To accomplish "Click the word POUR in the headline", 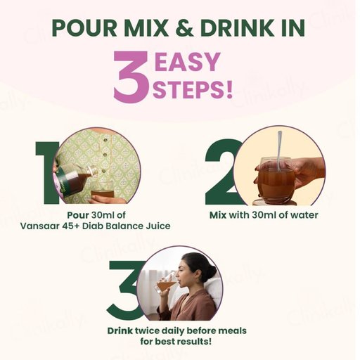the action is pyautogui.click(x=84, y=27).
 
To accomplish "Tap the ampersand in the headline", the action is pyautogui.click(x=184, y=27).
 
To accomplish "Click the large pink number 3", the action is pyautogui.click(x=131, y=77).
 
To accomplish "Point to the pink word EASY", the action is pyautogui.click(x=187, y=61).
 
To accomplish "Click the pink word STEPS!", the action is pyautogui.click(x=192, y=89).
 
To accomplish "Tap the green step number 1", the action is pyautogui.click(x=47, y=173).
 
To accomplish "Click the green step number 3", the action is pyautogui.click(x=124, y=290).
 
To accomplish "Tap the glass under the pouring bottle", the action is pyautogui.click(x=102, y=191).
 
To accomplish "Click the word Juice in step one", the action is pyautogui.click(x=158, y=226).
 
